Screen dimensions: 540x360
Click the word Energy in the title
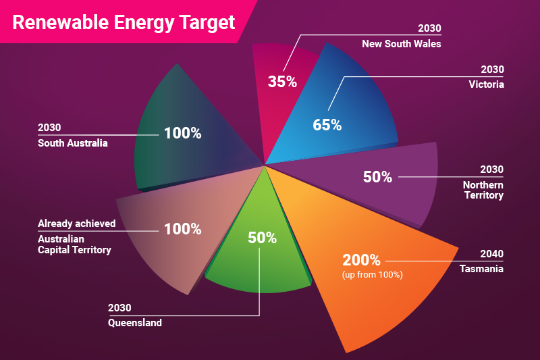[x=144, y=24]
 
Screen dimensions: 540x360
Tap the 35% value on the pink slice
[x=282, y=82]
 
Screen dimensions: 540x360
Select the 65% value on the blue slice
[x=327, y=125]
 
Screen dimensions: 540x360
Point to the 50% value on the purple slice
[x=377, y=177]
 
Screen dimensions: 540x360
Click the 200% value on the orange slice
[x=361, y=260]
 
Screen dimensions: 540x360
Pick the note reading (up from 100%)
[x=373, y=275]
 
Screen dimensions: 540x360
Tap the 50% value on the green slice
[x=262, y=238]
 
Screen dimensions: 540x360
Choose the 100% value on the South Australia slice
[x=182, y=133]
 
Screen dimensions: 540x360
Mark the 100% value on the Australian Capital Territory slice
[x=182, y=229]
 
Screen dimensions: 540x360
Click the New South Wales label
[x=401, y=44]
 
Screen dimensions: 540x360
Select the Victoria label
[x=486, y=84]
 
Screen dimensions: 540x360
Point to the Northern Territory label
[x=483, y=190]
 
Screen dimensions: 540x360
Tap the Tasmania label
[x=481, y=269]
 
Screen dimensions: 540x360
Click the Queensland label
[x=134, y=323]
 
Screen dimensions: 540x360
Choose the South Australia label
[x=73, y=143]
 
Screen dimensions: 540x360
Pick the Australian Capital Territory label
[x=74, y=245]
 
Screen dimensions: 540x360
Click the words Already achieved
[x=77, y=224]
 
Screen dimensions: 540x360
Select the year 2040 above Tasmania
[x=492, y=254]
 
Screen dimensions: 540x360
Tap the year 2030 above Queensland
[x=119, y=307]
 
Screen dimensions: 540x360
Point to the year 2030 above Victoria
[x=493, y=70]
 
